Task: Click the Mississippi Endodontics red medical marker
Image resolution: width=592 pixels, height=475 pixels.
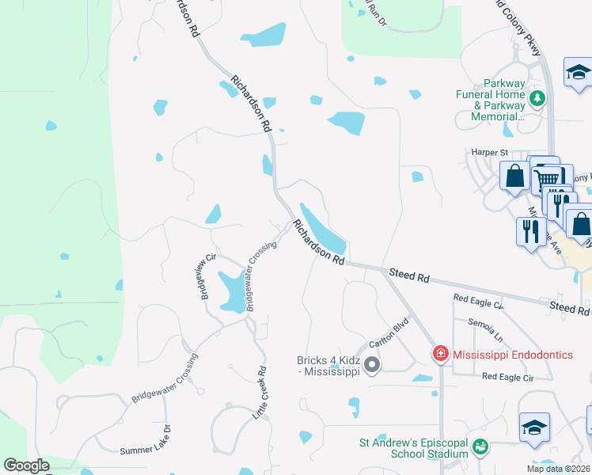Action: (440, 354)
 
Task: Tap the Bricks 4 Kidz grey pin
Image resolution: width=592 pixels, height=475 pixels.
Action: (372, 365)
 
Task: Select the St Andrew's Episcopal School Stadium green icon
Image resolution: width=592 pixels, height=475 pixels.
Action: (480, 449)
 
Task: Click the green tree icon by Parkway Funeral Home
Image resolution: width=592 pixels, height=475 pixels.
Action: (538, 98)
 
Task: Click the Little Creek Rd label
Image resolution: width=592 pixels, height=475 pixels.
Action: (260, 393)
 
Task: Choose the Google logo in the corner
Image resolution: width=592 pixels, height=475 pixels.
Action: (27, 465)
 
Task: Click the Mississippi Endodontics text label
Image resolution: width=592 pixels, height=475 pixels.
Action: (513, 355)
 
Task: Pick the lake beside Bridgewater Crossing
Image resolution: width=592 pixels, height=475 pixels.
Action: (231, 291)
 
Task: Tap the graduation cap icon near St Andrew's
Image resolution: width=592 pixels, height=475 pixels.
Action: (534, 427)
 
